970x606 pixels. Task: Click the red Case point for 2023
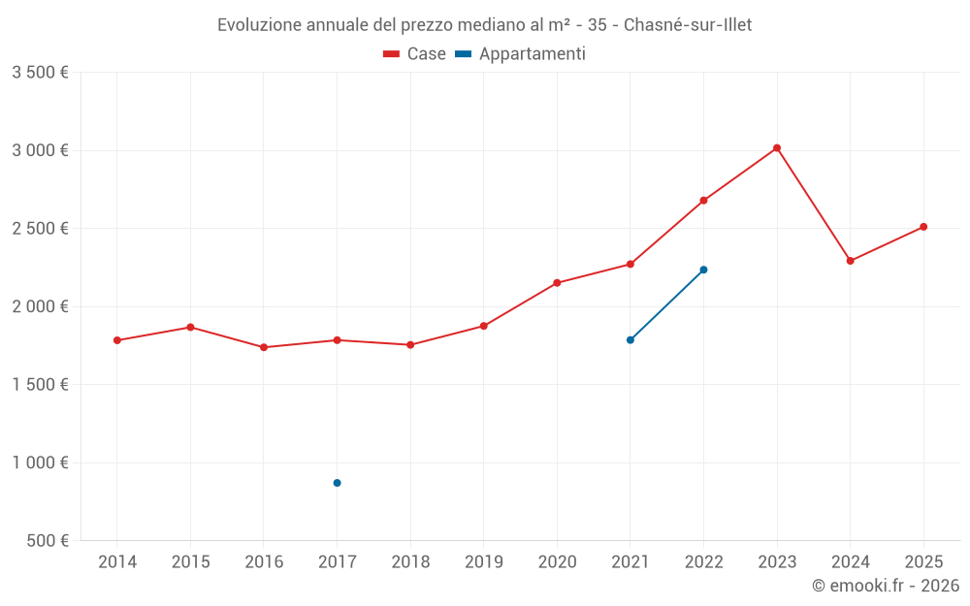(777, 148)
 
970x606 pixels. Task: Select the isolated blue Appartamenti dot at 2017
(337, 483)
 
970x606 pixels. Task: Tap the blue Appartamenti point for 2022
(703, 270)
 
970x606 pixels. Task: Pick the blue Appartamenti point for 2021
(630, 340)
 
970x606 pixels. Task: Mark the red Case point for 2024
(851, 261)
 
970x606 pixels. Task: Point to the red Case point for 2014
(117, 340)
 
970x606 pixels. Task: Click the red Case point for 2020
(557, 283)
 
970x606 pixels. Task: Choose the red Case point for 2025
(923, 227)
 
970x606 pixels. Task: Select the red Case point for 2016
(264, 347)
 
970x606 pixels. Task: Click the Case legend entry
(415, 54)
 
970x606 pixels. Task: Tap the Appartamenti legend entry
(521, 54)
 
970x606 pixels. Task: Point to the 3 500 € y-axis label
(40, 73)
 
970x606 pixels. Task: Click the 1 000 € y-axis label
(40, 462)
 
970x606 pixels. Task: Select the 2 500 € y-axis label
(40, 229)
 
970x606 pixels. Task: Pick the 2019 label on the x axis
(483, 562)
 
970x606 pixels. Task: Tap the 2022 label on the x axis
(703, 562)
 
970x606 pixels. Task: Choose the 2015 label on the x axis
(190, 562)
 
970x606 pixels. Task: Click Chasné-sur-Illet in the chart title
(688, 25)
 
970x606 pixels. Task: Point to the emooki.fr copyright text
(886, 586)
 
